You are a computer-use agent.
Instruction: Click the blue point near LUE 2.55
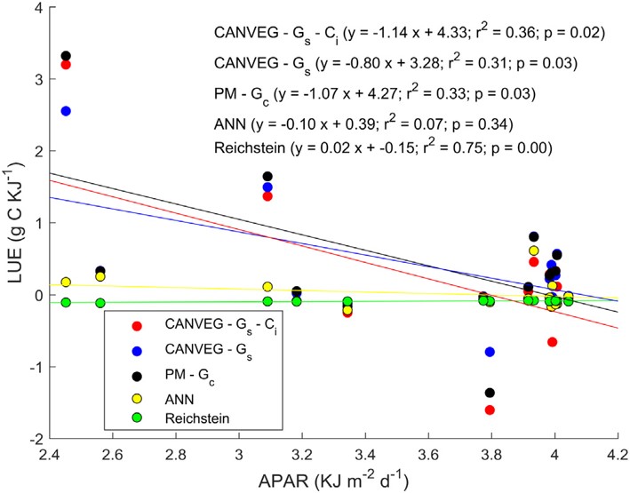click(66, 111)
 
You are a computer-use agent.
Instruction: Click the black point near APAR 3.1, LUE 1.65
click(267, 176)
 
